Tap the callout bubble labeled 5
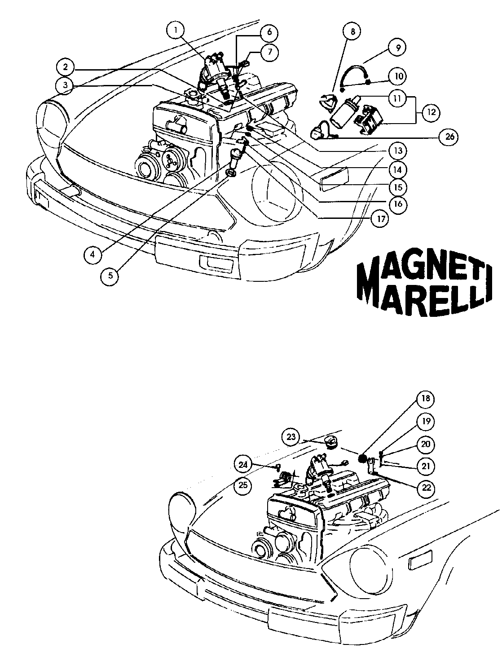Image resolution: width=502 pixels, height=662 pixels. tap(110, 275)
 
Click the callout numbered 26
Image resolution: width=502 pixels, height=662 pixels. tap(448, 137)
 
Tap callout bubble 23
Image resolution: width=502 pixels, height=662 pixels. tap(291, 436)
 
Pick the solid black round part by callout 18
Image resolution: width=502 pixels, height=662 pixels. tap(363, 459)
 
